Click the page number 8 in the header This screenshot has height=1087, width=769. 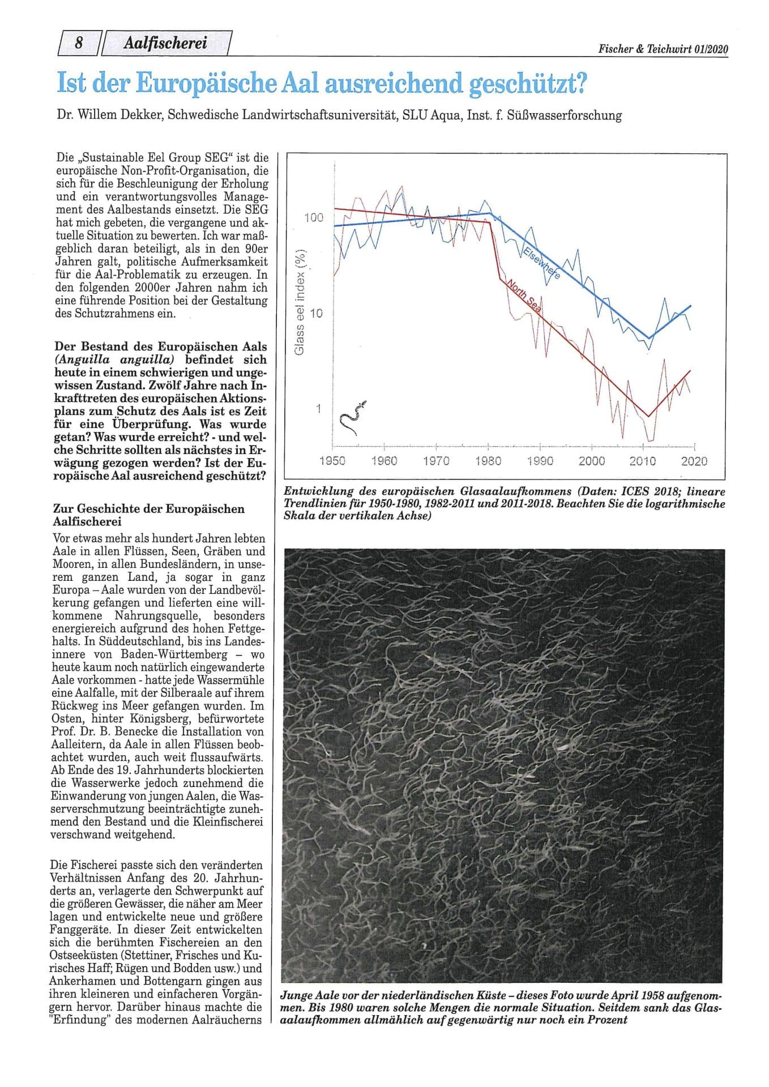point(79,44)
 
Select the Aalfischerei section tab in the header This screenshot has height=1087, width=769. point(165,44)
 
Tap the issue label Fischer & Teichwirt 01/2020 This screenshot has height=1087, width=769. point(663,49)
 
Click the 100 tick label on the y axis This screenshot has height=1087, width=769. point(314,218)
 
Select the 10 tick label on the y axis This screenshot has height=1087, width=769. point(317,313)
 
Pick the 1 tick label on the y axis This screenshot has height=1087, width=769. point(319,409)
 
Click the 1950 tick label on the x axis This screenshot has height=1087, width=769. point(332,461)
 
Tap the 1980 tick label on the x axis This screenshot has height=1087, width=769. point(488,461)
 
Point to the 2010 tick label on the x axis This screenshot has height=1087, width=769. point(643,461)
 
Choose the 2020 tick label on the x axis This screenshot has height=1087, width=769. point(694,461)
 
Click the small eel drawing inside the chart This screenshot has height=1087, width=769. point(351,418)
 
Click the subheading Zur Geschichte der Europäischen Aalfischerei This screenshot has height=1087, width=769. point(148,515)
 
